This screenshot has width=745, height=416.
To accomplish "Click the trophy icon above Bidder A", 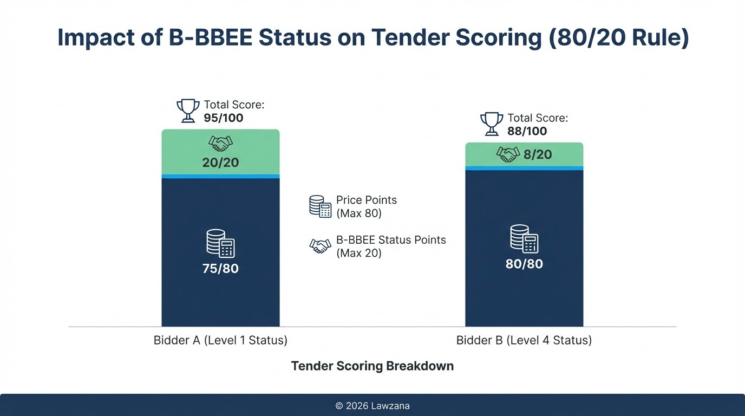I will pos(188,110).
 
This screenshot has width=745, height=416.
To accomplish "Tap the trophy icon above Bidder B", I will pos(492,124).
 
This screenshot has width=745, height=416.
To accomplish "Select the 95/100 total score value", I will pos(224,118).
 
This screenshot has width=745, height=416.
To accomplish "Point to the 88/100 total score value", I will pos(527,131).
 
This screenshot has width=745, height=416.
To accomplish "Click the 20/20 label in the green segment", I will pos(220,162).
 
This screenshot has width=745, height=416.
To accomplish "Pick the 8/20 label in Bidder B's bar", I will pos(538,155).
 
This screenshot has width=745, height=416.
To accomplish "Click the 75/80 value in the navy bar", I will pos(220,269).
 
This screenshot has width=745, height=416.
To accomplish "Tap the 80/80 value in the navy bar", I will pos(524,264).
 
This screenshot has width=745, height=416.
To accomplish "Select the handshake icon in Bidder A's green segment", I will pos(220,144).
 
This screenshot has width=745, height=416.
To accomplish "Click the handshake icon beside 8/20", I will pos(508,155).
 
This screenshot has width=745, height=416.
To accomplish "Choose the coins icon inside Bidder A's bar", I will pos(220,243).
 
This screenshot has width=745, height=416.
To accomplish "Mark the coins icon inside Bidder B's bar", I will pos(524,239).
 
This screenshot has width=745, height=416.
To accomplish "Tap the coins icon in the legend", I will pos(320,206).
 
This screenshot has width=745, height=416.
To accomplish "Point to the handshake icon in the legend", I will pos(320,246).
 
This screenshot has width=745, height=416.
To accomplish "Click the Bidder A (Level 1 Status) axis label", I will pos(220,341).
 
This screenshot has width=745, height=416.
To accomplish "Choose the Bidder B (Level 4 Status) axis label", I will pos(524,341).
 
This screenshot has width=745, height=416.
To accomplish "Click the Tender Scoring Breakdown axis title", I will pos(372,366).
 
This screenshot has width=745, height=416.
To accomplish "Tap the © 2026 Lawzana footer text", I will pos(372,406).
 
